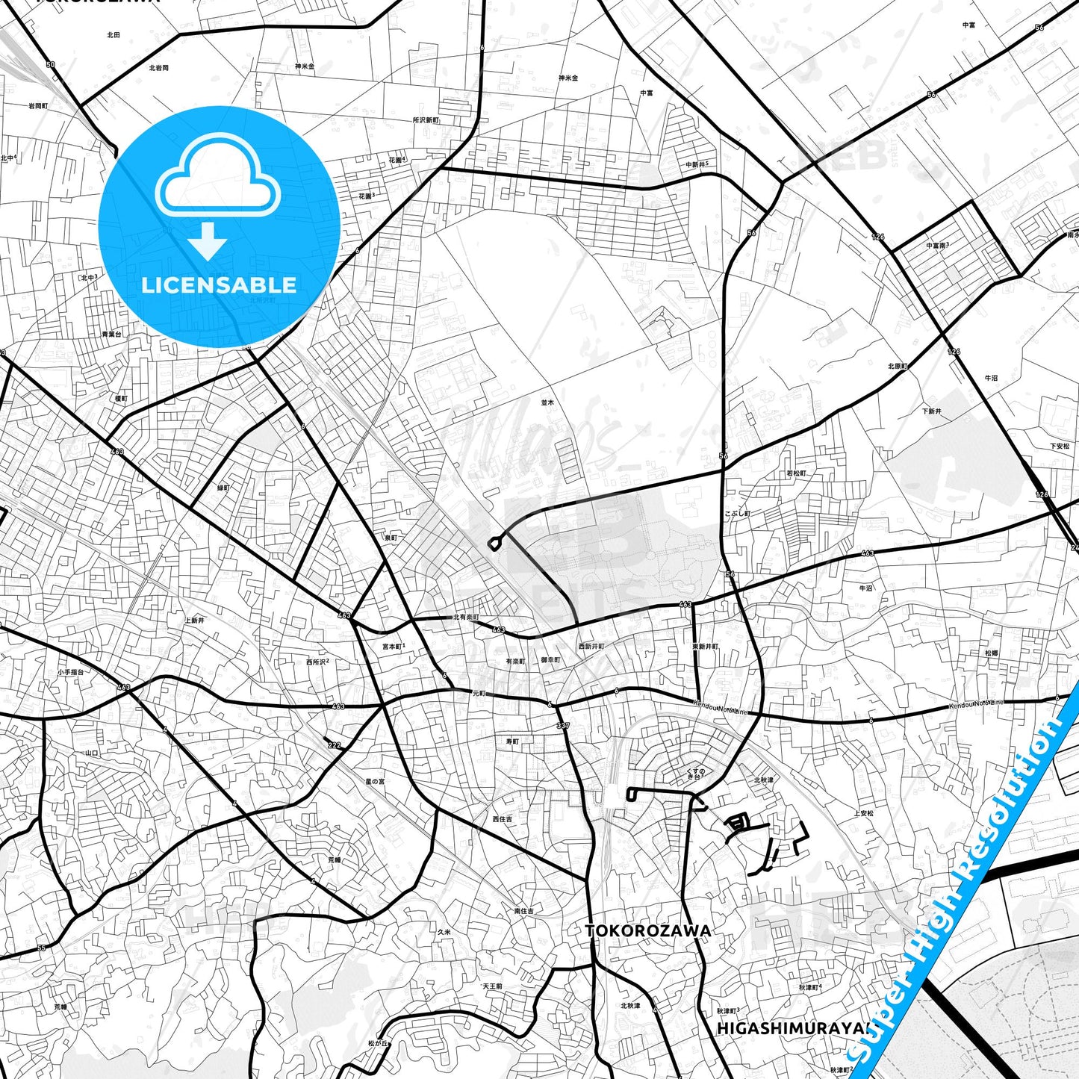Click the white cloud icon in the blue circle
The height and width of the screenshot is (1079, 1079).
(217, 177)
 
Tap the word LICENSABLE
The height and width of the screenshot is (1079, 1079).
(219, 285)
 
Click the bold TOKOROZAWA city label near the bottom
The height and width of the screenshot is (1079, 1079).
(647, 930)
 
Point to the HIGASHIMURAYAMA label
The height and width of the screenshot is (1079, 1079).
(793, 1028)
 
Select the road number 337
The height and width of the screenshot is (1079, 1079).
(562, 726)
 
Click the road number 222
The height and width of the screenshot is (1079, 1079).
(334, 744)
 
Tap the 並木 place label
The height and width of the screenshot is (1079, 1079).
(548, 402)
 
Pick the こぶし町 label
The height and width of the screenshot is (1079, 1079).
(737, 514)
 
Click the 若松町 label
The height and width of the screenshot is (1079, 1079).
(796, 473)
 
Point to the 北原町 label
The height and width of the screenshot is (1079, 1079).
(898, 367)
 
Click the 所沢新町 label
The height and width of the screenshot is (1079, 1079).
(426, 119)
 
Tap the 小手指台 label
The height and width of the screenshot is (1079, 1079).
(70, 672)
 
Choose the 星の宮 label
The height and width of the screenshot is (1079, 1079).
(375, 781)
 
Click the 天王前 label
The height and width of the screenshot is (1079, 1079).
(492, 986)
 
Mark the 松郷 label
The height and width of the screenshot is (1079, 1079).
(991, 653)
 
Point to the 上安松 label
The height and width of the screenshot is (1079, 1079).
(863, 813)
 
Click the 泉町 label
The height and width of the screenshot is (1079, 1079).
(391, 538)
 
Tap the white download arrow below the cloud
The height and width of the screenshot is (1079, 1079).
(208, 240)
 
